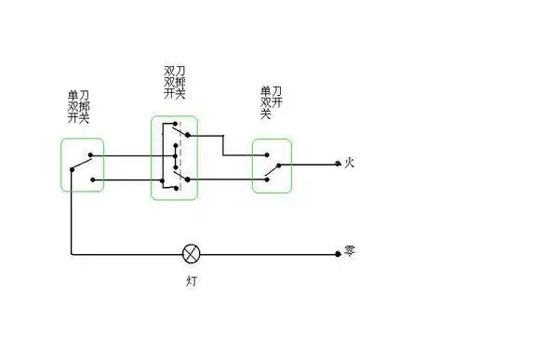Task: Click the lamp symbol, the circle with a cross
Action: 193,253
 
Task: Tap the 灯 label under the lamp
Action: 193,279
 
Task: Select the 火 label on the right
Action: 350,163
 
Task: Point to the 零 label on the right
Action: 350,252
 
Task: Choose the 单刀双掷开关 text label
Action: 79,106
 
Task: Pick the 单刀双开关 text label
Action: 272,101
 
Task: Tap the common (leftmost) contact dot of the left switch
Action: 72,168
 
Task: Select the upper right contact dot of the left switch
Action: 90,155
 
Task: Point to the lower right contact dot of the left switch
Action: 93,180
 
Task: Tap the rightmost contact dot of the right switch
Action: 279,165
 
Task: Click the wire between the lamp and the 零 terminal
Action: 270,253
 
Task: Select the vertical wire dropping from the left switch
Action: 72,214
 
